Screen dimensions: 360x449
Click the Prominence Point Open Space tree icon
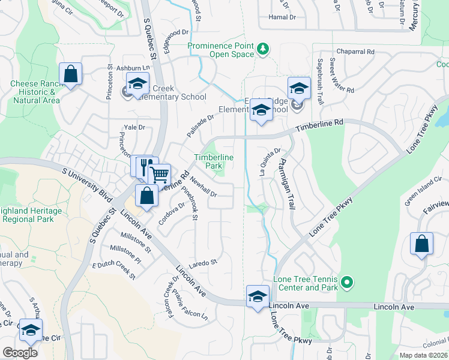click(262, 49)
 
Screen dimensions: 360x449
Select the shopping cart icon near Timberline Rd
click(160, 175)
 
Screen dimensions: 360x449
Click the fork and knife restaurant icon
click(145, 166)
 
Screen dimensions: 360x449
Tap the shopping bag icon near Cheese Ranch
click(71, 74)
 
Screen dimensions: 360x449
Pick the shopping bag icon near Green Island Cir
click(421, 244)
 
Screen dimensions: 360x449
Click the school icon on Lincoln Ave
click(258, 296)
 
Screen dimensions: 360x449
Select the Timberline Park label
click(213, 161)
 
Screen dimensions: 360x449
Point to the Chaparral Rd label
click(355, 52)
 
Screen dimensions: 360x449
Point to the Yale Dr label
click(134, 127)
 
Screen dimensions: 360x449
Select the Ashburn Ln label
click(132, 69)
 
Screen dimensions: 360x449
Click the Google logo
click(20, 353)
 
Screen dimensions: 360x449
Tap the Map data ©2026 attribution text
click(423, 355)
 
